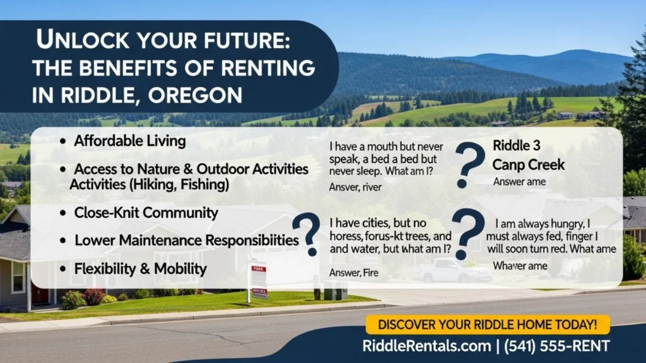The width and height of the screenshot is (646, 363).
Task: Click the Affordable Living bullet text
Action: point(130,141)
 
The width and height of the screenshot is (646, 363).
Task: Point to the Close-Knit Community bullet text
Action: point(146,212)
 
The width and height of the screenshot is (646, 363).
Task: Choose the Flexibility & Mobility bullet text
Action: point(140,269)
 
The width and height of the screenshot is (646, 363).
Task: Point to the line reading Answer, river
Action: point(355,187)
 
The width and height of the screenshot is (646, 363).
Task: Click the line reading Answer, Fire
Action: point(354,273)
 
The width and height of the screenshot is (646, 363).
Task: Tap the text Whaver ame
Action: point(520,265)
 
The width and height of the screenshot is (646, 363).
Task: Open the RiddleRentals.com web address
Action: point(426,345)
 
